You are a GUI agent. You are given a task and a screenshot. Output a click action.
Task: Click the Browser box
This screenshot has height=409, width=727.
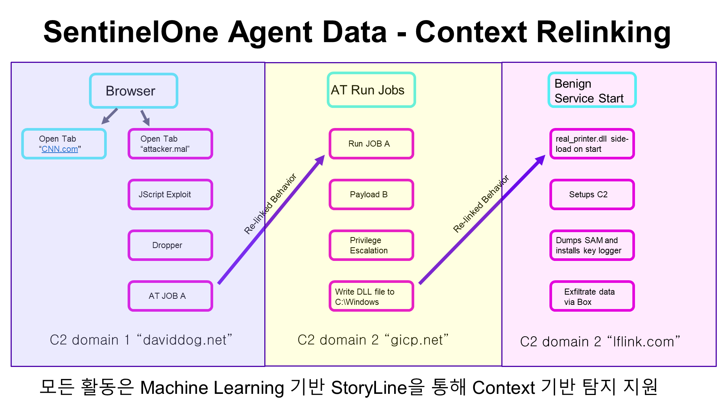[134, 91]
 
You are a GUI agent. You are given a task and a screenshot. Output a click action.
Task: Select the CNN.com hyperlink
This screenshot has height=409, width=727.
[60, 149]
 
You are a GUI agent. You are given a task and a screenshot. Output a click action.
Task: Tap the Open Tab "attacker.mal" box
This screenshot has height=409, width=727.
[170, 144]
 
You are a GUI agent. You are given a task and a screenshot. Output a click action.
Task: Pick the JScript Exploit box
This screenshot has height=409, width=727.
[170, 195]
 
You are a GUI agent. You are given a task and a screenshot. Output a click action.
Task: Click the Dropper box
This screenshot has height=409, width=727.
[170, 245]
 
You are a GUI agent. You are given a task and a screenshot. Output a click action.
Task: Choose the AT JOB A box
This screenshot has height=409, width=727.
[170, 296]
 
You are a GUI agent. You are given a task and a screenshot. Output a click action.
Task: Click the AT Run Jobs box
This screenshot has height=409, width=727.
[371, 90]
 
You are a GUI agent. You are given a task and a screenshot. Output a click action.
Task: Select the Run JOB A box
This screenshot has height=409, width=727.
[371, 144]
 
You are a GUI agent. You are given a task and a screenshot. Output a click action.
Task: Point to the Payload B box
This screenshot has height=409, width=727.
[371, 195]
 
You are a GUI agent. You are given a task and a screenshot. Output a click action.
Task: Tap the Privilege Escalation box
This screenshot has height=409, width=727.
[371, 245]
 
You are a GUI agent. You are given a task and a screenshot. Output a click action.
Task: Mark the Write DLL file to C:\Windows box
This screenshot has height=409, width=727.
[371, 296]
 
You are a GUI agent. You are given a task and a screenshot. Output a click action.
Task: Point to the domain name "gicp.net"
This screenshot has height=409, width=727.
[417, 340]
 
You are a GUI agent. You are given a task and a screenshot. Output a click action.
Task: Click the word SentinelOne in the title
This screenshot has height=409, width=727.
[131, 32]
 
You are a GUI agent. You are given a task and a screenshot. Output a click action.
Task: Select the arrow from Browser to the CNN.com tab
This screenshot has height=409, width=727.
[109, 116]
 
